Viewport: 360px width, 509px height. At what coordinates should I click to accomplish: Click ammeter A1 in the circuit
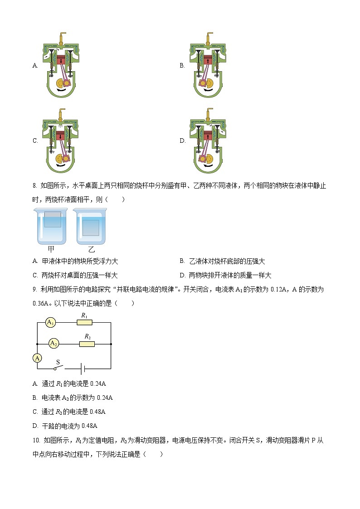[50, 322]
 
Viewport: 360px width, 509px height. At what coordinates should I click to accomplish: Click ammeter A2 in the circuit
[54, 343]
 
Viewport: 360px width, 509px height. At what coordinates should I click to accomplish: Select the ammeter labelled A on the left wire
[38, 358]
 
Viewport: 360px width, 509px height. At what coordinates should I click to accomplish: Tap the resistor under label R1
[84, 322]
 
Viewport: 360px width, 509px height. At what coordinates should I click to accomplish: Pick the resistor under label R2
[87, 344]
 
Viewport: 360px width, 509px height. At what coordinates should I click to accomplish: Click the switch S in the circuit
[58, 368]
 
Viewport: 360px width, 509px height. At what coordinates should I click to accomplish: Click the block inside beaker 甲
[52, 219]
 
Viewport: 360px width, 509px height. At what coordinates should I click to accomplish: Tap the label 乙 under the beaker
[91, 249]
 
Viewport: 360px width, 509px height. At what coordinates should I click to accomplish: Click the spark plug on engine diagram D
[209, 113]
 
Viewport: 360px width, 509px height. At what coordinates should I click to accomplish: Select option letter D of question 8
[182, 275]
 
